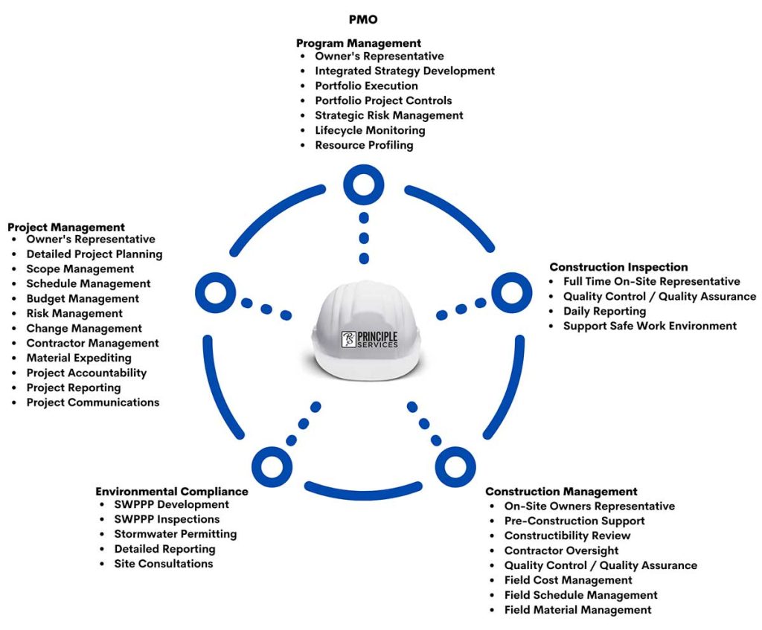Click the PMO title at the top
point(362,19)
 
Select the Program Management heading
point(359,43)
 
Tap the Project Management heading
point(66,227)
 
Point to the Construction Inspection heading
point(618,267)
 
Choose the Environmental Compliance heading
point(171,492)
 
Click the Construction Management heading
point(561,492)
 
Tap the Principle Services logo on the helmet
point(370,338)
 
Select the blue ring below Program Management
point(363,184)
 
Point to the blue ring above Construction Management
point(455,466)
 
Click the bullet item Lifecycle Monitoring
point(370,130)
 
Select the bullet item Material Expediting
point(79,358)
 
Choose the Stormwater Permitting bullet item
point(175,534)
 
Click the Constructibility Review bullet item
point(567,536)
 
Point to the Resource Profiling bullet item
point(364,145)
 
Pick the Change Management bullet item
point(84,328)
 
